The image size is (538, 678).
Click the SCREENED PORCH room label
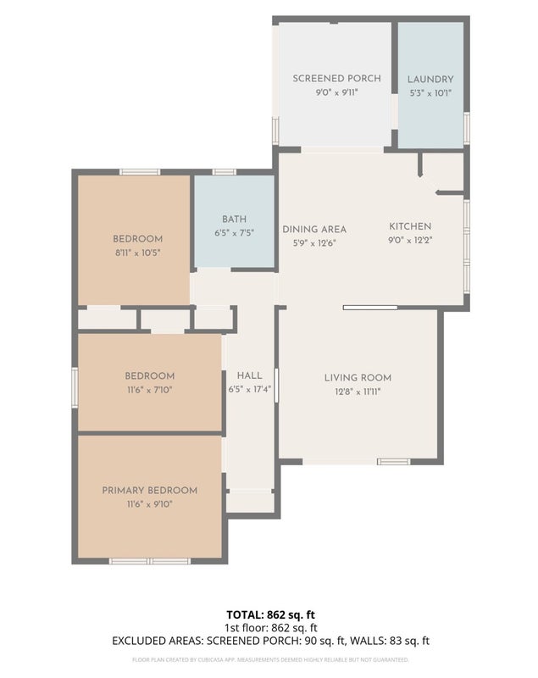pos(336,78)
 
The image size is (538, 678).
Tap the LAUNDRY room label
pos(430,79)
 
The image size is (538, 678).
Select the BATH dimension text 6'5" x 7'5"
pos(234,233)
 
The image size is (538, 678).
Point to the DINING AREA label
pos(314,229)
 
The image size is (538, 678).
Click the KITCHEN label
pos(410,226)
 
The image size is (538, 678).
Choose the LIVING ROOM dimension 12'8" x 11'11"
pos(358,392)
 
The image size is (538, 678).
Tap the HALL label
pos(249,375)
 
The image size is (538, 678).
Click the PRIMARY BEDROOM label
pos(149,491)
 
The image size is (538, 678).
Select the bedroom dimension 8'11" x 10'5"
pos(138,253)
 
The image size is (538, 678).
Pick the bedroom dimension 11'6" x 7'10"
pos(149,390)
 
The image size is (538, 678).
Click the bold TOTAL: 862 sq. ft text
pos(270,614)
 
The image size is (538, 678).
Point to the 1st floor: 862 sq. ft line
pos(271,627)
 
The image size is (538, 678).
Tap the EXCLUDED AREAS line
pos(270,641)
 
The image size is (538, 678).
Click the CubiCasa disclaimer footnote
pos(270,660)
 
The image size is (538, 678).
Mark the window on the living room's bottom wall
pos(394,462)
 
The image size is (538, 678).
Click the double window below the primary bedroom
pos(149,561)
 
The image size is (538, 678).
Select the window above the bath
pos(225,172)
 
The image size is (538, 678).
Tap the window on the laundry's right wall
pos(467,128)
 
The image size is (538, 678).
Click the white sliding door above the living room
pos(370,308)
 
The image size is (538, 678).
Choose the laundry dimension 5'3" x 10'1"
pos(430,93)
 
